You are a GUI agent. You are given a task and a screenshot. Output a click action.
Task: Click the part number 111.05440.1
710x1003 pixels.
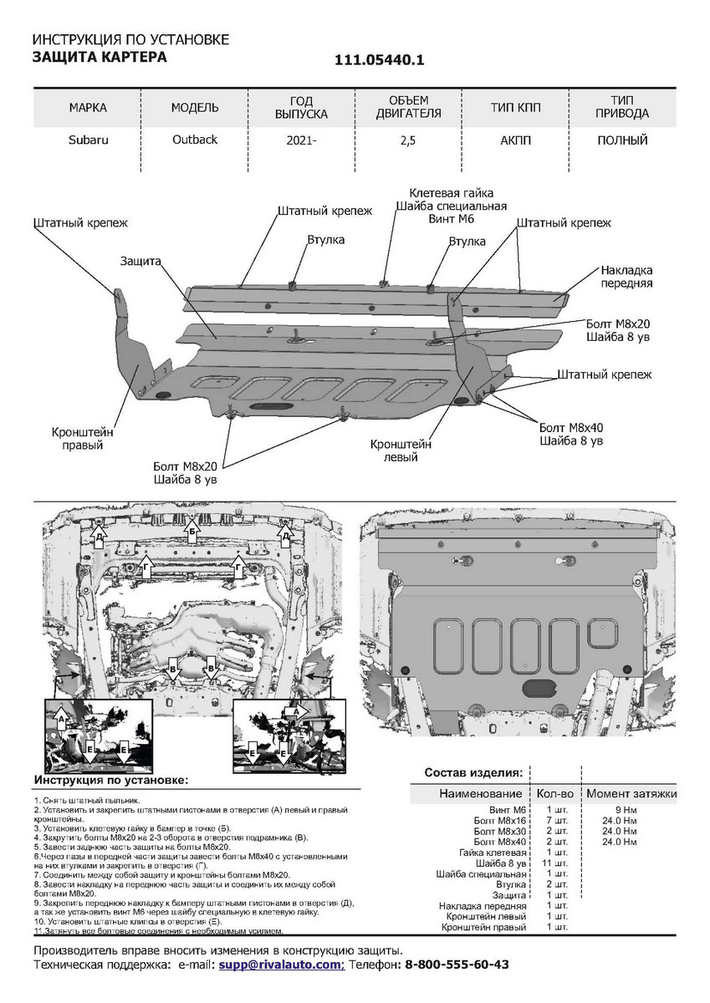[x=380, y=60]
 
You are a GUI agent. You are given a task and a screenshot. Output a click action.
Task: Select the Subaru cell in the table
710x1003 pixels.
[x=88, y=140]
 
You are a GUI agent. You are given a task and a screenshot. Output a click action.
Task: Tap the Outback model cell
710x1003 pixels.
[x=195, y=139]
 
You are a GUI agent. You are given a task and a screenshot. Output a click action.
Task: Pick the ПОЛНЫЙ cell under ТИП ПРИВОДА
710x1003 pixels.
[x=622, y=140]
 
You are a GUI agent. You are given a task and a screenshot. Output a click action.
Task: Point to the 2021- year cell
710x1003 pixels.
[x=301, y=140]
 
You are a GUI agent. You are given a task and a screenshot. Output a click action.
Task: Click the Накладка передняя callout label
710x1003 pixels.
[x=626, y=277]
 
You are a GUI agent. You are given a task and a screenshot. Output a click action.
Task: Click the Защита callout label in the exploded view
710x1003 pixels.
[x=140, y=261]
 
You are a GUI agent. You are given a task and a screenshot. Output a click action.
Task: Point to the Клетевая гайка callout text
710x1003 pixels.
[x=451, y=192]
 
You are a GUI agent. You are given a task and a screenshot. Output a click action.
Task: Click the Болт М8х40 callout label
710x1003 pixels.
[x=571, y=426]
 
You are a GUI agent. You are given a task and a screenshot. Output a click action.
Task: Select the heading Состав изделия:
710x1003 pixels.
[x=473, y=772]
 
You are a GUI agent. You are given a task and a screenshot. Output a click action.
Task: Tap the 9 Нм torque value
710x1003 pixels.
[x=628, y=811]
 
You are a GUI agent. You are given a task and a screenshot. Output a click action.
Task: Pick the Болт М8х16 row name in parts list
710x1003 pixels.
[x=499, y=821]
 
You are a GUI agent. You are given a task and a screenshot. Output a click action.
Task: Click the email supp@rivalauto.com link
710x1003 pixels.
[x=282, y=965]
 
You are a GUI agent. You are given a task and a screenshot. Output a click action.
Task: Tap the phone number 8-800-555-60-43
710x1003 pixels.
[x=457, y=965]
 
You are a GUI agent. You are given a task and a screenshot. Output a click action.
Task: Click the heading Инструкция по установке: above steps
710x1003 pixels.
[x=110, y=780]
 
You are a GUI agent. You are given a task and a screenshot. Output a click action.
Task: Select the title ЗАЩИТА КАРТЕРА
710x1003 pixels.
[x=99, y=57]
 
